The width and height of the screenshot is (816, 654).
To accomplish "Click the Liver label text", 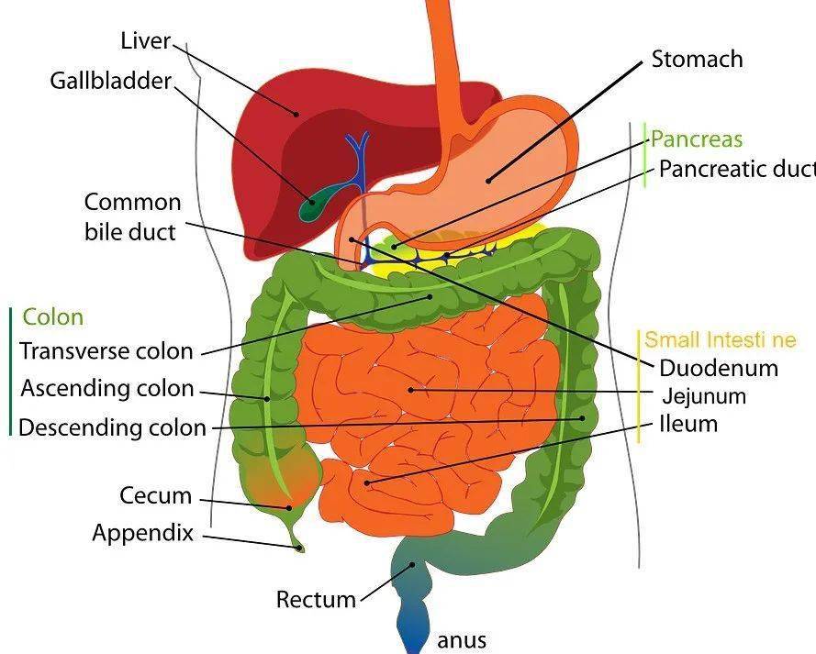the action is (x=146, y=40).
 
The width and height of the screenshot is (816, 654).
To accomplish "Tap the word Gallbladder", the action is (x=111, y=81).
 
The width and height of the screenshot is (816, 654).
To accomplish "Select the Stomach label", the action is (x=697, y=59).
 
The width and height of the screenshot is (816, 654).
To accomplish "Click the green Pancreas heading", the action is (x=697, y=139).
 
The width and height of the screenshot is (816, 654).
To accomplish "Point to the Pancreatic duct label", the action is (x=737, y=169).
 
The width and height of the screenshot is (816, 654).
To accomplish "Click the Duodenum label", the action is (x=719, y=368).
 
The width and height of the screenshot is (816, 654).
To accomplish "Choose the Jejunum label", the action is (x=704, y=396).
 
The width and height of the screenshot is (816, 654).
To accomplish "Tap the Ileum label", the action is (x=688, y=424).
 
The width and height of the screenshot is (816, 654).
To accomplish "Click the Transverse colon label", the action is (x=106, y=351).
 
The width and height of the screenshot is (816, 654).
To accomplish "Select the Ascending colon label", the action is (x=107, y=389).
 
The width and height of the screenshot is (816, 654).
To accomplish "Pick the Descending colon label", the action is (x=112, y=427).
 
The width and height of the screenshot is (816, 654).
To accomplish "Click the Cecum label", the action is (x=156, y=495).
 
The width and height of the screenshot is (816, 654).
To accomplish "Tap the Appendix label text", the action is (x=142, y=534).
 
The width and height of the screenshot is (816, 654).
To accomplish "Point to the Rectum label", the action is (x=316, y=599).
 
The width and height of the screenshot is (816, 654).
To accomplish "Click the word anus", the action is (x=462, y=640).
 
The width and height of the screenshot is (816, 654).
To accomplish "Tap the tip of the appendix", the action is (x=299, y=549).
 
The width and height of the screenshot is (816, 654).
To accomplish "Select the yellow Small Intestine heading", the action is (x=721, y=340).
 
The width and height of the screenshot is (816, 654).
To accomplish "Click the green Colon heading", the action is (x=53, y=317).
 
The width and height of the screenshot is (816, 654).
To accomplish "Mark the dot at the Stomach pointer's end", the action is (x=488, y=181).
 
